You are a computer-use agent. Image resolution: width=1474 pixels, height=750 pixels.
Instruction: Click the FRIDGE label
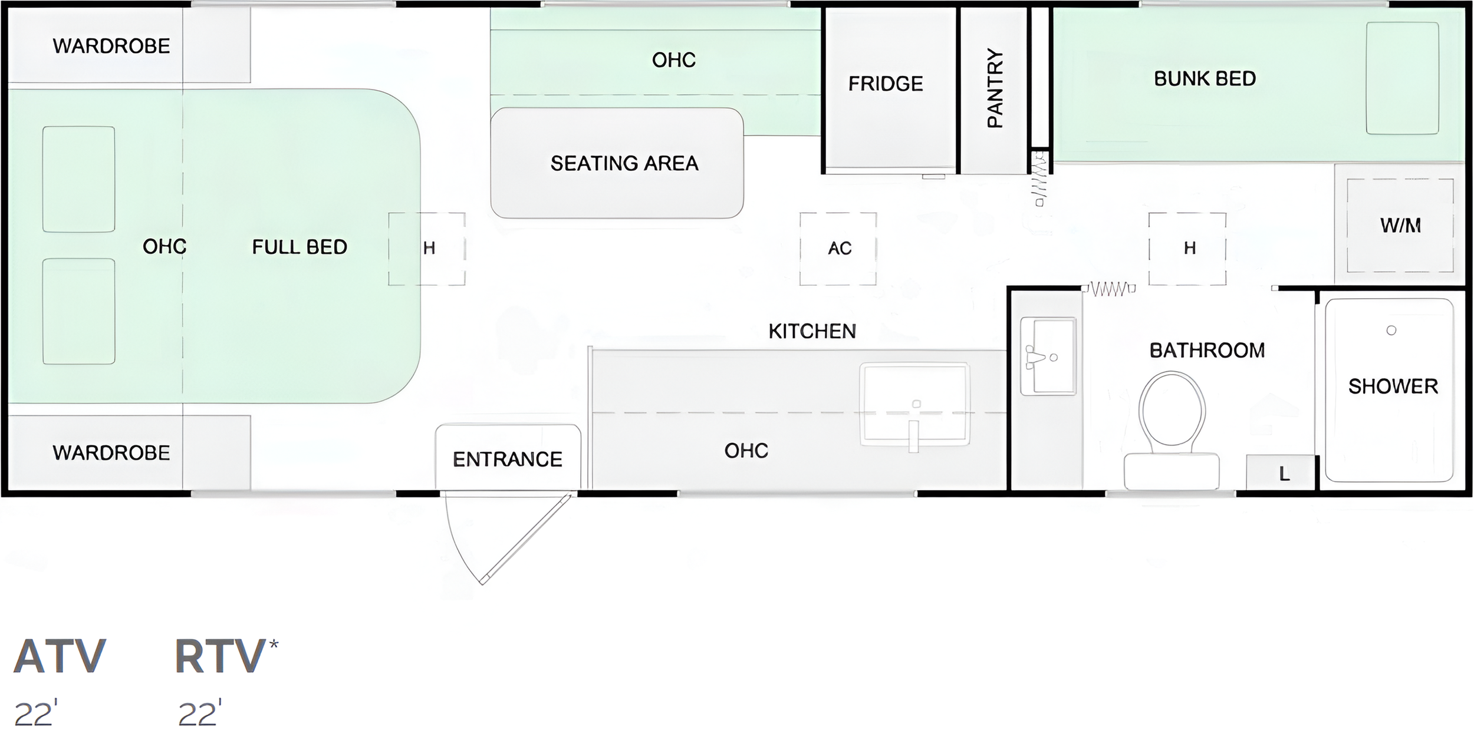coord(885,84)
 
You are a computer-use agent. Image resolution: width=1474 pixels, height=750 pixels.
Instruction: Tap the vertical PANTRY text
coord(995,88)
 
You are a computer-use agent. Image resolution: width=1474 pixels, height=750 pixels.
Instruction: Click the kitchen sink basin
coord(914,404)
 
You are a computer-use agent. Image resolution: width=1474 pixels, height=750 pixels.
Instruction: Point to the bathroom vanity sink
coord(1048,356)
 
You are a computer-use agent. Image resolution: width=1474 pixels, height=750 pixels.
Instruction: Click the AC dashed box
coord(838,249)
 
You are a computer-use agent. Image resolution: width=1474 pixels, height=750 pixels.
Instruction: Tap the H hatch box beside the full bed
coord(427,249)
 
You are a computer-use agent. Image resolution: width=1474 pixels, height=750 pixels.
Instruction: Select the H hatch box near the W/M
coord(1187,249)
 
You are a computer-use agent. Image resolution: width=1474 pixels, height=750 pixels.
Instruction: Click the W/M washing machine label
coord(1400,225)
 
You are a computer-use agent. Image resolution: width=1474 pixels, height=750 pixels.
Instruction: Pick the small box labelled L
coord(1284,473)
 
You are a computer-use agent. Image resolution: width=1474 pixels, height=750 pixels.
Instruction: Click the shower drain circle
coord(1391,331)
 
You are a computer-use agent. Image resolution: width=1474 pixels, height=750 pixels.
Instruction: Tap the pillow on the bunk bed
coord(1403,78)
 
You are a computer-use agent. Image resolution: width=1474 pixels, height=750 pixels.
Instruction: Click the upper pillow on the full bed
coord(78,179)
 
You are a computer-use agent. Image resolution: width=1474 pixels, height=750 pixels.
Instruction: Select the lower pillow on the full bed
coord(78,311)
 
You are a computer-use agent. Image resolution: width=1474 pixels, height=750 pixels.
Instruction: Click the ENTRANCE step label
coord(507,459)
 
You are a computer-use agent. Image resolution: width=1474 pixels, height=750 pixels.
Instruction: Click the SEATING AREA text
coord(624,163)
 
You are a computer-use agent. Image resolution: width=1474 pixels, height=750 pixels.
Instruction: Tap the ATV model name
coord(60,656)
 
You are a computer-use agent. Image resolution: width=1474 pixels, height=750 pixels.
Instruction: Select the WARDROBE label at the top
coord(111,46)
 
